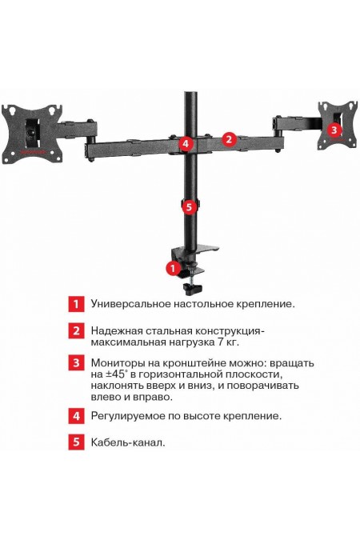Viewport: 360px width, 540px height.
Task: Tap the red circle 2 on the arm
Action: point(228,138)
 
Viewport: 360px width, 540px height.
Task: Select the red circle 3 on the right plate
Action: point(334,128)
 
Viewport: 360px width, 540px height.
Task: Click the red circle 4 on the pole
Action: point(186,144)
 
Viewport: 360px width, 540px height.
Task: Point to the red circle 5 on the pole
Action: point(188,206)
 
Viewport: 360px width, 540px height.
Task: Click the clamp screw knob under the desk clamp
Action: point(190,286)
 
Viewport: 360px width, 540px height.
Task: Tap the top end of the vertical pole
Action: point(191,94)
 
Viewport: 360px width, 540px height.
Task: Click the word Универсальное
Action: point(130,304)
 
